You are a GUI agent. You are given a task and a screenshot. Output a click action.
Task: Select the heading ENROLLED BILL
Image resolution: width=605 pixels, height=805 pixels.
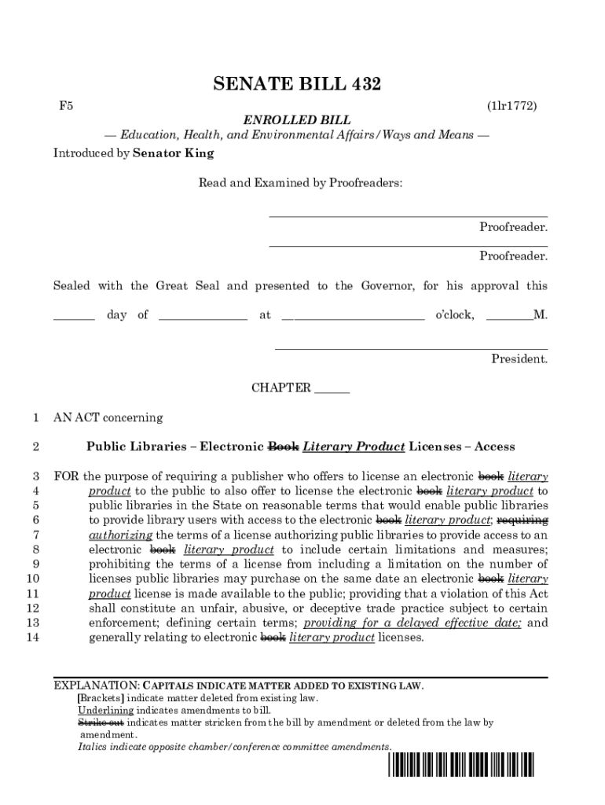(x=296, y=120)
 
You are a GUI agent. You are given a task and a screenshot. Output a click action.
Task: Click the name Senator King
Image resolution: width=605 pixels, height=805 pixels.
(x=173, y=153)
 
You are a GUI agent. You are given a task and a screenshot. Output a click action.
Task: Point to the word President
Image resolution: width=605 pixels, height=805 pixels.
(x=519, y=359)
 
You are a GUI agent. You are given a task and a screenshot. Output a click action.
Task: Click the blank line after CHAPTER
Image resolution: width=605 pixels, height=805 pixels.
(x=332, y=388)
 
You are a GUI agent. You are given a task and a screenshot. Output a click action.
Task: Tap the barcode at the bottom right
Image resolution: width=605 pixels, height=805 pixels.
(x=460, y=766)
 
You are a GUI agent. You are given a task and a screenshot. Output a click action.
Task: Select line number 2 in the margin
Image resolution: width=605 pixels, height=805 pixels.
(x=36, y=447)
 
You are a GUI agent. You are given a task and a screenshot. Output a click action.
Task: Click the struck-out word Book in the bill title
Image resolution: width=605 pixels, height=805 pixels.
(x=283, y=447)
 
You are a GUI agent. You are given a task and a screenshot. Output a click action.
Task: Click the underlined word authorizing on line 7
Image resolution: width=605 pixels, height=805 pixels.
(x=120, y=535)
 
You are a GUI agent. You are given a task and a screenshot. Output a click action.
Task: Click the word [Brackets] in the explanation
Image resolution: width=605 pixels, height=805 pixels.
(x=101, y=698)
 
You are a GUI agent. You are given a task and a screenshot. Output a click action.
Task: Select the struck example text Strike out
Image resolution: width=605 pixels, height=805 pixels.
(x=100, y=722)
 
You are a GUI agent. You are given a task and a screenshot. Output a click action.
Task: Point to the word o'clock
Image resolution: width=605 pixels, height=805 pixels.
(x=454, y=315)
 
